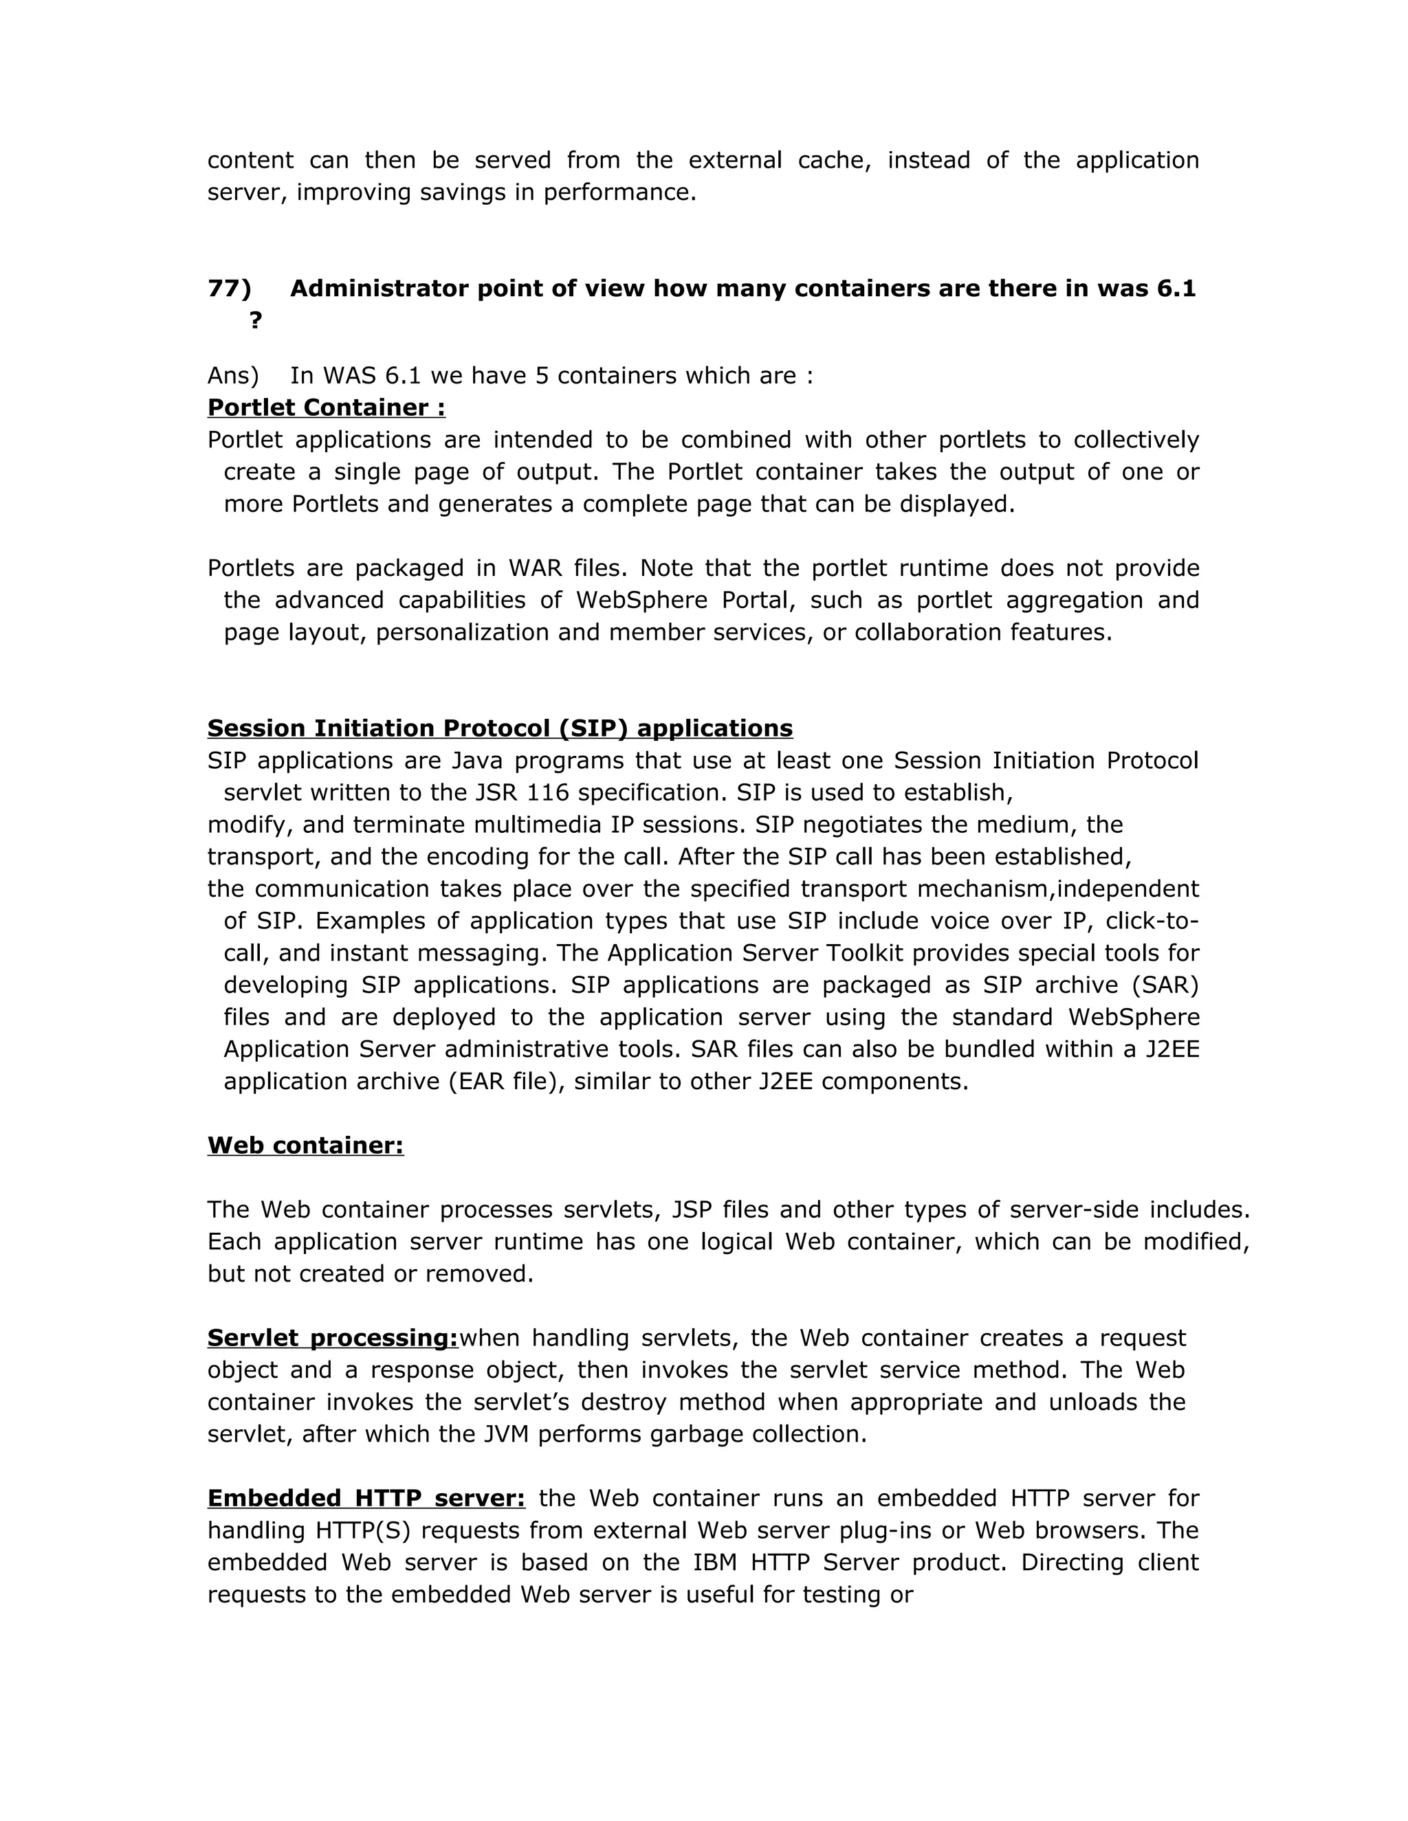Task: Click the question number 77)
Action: pos(228,289)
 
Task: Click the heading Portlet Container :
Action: pos(326,407)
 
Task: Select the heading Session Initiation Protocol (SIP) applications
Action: pos(500,728)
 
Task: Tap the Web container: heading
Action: pos(305,1146)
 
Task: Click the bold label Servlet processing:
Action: pos(333,1338)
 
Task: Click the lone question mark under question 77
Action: pos(255,320)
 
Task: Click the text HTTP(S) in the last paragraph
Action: pos(357,1531)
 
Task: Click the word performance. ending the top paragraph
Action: pos(619,192)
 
